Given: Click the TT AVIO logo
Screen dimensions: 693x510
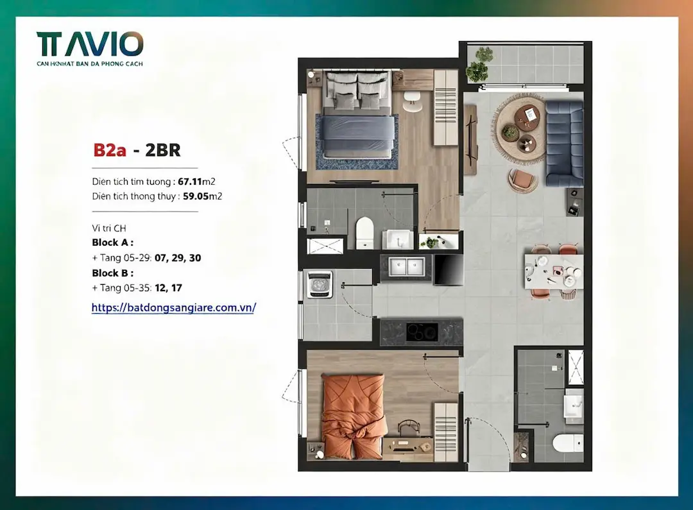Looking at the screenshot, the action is [90, 49].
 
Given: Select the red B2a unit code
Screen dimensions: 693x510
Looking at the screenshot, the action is [109, 150].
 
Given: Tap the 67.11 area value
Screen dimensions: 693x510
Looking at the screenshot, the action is [190, 181].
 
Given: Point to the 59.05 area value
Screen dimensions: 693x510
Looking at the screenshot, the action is [196, 196].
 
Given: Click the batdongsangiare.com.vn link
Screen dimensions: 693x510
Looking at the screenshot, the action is [174, 307].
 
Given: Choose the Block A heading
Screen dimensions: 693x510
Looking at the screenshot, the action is [113, 242].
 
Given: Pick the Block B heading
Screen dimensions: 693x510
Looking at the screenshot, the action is [113, 273].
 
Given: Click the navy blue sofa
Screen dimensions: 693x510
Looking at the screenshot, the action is [564, 144].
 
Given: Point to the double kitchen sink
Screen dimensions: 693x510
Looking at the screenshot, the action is [406, 267].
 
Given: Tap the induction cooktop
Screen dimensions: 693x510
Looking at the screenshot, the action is [422, 332].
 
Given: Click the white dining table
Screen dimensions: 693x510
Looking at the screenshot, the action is [554, 271].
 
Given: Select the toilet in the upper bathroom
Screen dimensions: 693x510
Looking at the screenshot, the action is [364, 232].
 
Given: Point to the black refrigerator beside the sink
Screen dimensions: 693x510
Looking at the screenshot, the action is [449, 269].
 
